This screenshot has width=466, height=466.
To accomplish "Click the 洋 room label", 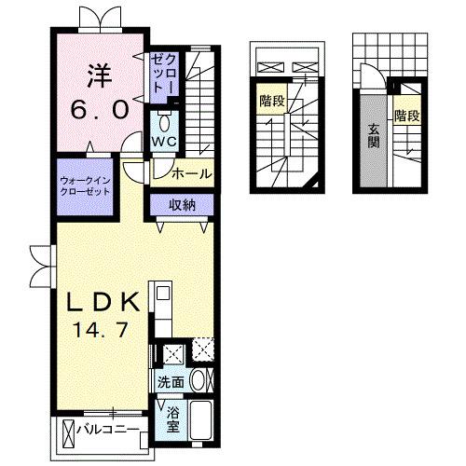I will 99,72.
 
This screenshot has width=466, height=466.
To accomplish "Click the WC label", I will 166,141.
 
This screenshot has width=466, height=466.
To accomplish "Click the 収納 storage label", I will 182,206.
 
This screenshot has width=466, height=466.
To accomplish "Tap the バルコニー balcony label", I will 115,432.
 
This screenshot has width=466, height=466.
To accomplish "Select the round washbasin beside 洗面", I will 198,380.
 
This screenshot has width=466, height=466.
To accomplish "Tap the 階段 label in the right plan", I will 406,116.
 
